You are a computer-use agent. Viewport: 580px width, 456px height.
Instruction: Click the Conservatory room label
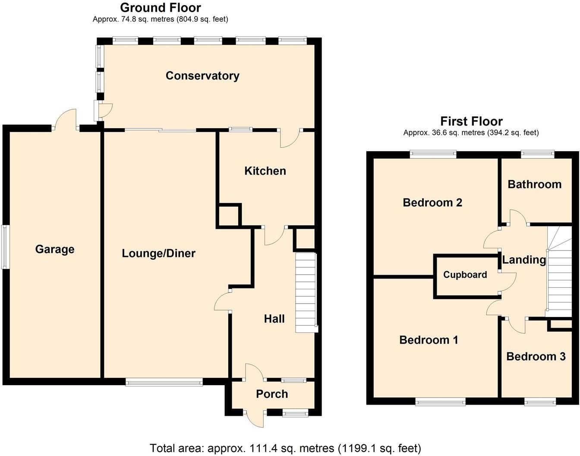[x=202, y=76]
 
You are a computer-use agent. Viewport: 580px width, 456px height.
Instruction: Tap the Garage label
[x=55, y=250]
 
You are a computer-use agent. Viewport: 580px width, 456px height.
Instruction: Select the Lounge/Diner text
[x=158, y=253]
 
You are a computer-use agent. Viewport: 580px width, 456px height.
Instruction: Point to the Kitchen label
[x=265, y=171]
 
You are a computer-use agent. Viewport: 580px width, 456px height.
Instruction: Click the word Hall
[x=274, y=319]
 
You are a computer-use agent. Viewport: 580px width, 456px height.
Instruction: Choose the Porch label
[x=272, y=394]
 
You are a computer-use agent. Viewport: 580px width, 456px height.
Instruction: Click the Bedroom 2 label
[x=432, y=203]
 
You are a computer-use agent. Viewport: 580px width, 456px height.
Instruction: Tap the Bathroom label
[x=534, y=184]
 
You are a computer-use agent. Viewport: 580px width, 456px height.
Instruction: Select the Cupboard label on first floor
[x=465, y=275]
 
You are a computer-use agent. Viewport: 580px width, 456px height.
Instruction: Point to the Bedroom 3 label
[x=536, y=357]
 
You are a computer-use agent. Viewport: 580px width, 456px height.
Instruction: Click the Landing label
[x=524, y=260]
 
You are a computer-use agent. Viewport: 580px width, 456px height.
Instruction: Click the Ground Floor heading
[x=160, y=8]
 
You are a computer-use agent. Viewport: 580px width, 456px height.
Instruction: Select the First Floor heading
[x=471, y=121]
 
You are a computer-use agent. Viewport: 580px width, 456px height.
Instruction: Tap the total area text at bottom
[x=285, y=448]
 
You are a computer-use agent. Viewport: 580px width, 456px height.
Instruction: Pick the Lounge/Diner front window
[x=164, y=382]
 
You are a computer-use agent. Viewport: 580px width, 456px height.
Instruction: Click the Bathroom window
[x=537, y=152]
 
